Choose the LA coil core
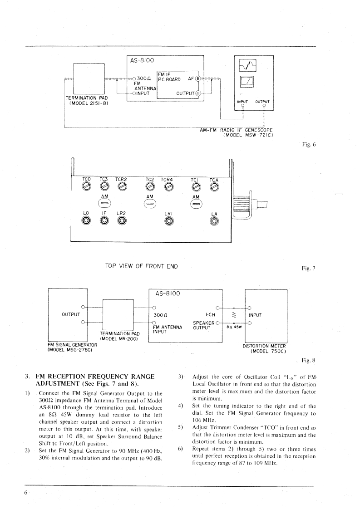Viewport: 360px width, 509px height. [x=214, y=221]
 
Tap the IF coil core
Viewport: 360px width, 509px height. [x=104, y=221]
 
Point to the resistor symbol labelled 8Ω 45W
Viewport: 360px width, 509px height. [x=233, y=314]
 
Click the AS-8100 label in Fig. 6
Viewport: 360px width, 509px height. [x=142, y=60]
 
